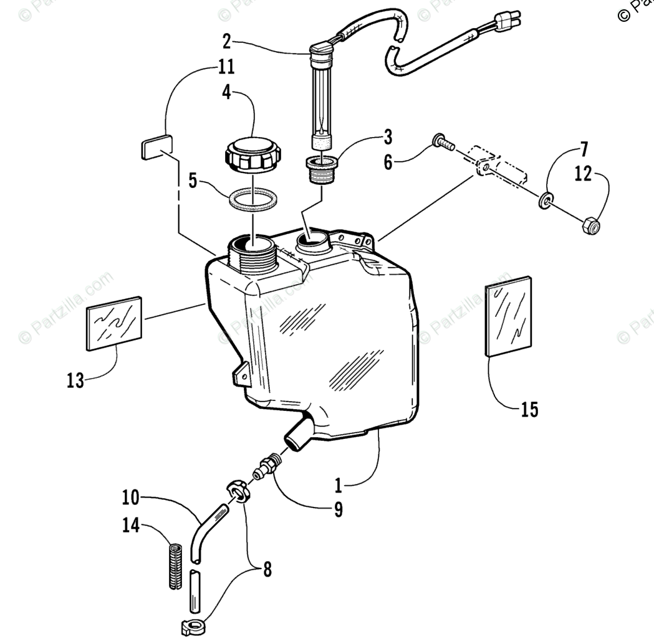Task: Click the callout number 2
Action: coord(226,42)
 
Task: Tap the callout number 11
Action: coord(226,67)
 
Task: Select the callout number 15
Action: coord(529,409)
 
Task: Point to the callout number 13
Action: coord(75,380)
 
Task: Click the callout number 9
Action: coord(338,509)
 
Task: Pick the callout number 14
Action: coord(130,526)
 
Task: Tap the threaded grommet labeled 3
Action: coord(322,169)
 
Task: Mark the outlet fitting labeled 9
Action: coord(269,467)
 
